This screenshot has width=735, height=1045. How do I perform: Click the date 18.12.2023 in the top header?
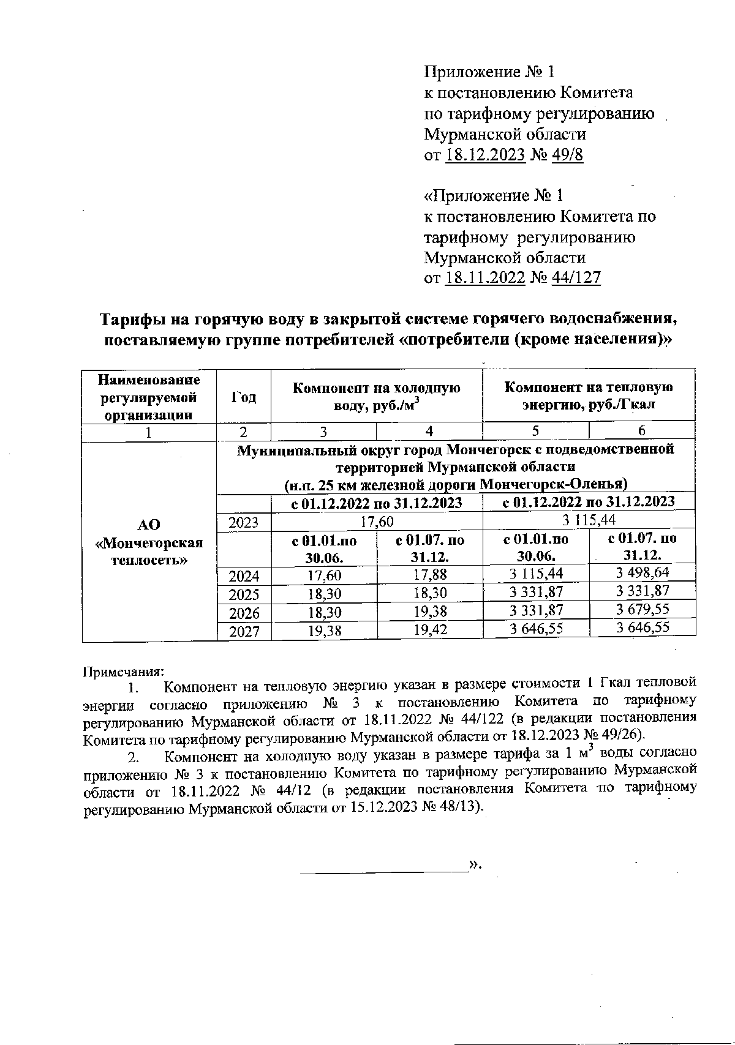click(x=485, y=155)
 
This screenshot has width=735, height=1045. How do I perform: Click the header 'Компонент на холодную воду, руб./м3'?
click(x=376, y=396)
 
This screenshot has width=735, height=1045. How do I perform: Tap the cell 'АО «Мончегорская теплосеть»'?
click(x=149, y=542)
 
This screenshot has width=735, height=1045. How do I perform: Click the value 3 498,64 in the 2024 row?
click(x=642, y=573)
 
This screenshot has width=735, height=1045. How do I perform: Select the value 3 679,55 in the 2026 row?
click(x=642, y=610)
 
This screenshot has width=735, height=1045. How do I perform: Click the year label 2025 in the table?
click(x=244, y=594)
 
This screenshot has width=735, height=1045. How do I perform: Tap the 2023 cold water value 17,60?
click(x=376, y=521)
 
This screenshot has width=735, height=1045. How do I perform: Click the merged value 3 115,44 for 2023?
click(x=588, y=520)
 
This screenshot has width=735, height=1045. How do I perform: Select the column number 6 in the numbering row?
click(x=642, y=431)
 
